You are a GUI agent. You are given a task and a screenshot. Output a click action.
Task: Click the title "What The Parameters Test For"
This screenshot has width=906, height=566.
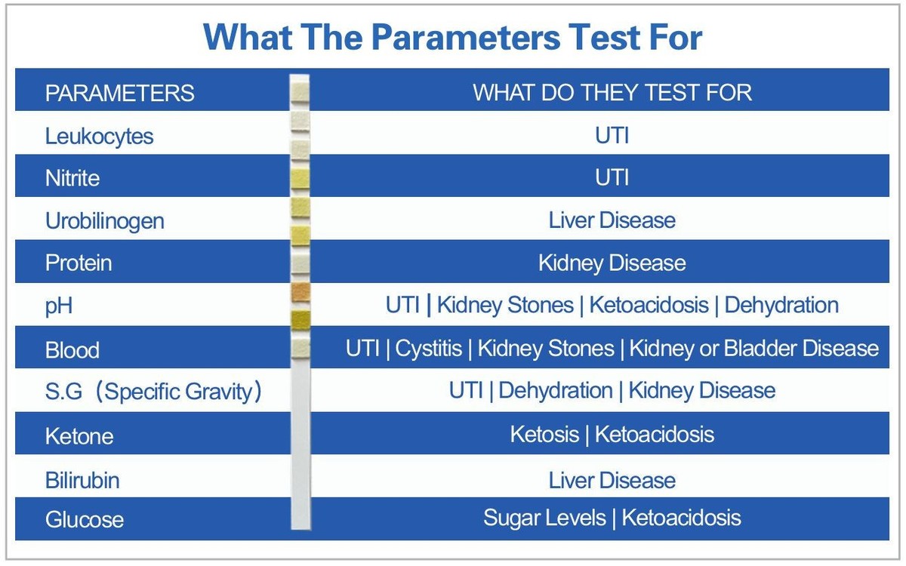coord(452,36)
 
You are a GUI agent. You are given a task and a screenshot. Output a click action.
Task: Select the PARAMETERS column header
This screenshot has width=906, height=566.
coord(120,93)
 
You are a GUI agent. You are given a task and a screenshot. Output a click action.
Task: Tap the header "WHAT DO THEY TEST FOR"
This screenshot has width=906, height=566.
coord(612,92)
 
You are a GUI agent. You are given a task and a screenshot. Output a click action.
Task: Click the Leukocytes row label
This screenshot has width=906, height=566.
coord(99,136)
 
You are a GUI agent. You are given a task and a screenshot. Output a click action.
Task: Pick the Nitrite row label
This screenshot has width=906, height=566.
coord(72,178)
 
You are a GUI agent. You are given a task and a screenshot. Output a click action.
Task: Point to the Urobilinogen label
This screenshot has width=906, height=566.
coord(105,221)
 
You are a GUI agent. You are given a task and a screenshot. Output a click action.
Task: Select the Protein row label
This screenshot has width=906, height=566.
coord(79,263)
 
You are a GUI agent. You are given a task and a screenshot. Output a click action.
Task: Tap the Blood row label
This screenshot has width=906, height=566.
coord(72,349)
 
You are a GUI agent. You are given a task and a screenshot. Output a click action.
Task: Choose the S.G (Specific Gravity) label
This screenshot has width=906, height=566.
coord(153,392)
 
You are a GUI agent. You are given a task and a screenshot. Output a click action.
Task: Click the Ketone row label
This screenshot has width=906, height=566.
coord(79,435)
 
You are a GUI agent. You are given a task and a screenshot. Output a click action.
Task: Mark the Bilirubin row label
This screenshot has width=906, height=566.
coord(82,480)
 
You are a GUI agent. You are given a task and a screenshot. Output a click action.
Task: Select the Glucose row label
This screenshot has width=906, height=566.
coord(85,520)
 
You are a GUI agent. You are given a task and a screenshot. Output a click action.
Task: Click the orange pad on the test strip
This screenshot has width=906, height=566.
coord(300,292)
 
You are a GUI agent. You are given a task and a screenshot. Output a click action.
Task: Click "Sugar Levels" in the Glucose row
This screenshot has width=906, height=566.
coord(544,518)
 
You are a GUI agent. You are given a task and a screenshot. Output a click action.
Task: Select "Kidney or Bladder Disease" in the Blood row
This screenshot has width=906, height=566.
coord(754,349)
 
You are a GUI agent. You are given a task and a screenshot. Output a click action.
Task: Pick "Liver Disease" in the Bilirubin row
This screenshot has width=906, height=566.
coord(612,480)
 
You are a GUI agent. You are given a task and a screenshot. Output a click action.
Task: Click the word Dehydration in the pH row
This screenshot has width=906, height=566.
coord(781,305)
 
